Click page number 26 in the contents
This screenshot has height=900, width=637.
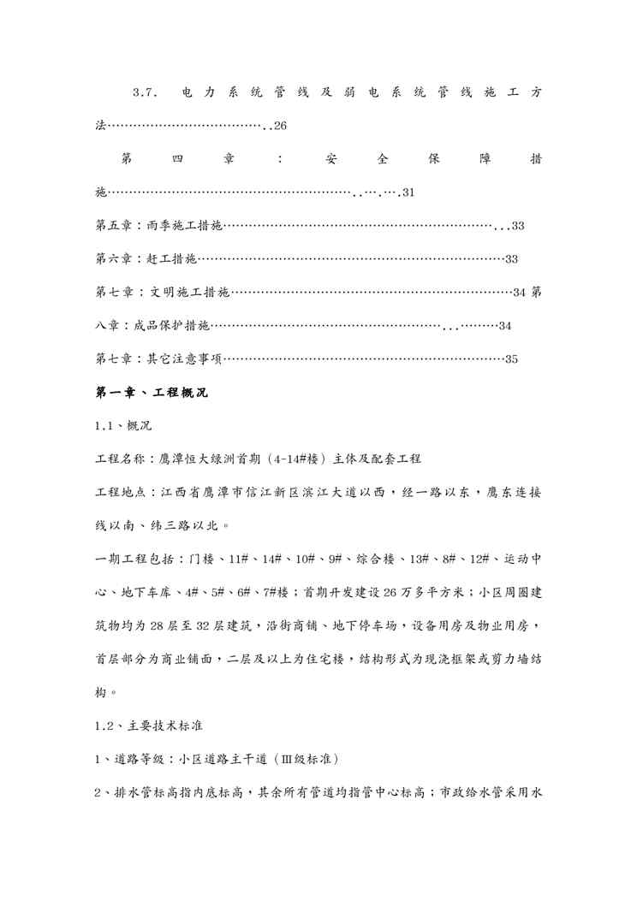280,127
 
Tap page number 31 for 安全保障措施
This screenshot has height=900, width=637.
408,192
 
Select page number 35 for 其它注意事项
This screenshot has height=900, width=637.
512,359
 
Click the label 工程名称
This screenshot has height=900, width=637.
121,459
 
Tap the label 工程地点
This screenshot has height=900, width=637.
121,493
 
